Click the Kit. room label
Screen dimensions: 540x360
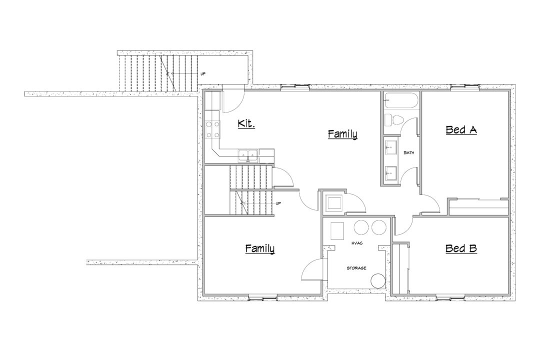tap(246, 123)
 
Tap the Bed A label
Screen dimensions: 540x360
tap(461, 129)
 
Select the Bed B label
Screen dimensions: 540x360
tap(461, 248)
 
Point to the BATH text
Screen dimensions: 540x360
tap(409, 152)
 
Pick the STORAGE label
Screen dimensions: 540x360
tap(356, 268)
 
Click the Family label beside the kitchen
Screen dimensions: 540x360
tap(342, 134)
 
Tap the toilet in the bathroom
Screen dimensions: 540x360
tap(394, 120)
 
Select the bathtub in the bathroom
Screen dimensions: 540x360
tap(401, 100)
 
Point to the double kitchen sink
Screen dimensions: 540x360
tap(248, 155)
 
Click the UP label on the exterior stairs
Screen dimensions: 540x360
tap(203, 74)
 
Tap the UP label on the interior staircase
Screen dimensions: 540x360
tap(278, 203)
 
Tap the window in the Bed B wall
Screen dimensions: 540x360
tap(450, 296)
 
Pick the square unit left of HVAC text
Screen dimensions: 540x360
tap(337, 231)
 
